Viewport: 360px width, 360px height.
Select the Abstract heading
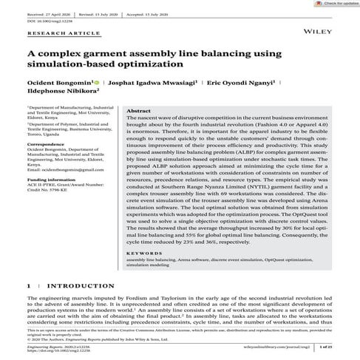(140, 109)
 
